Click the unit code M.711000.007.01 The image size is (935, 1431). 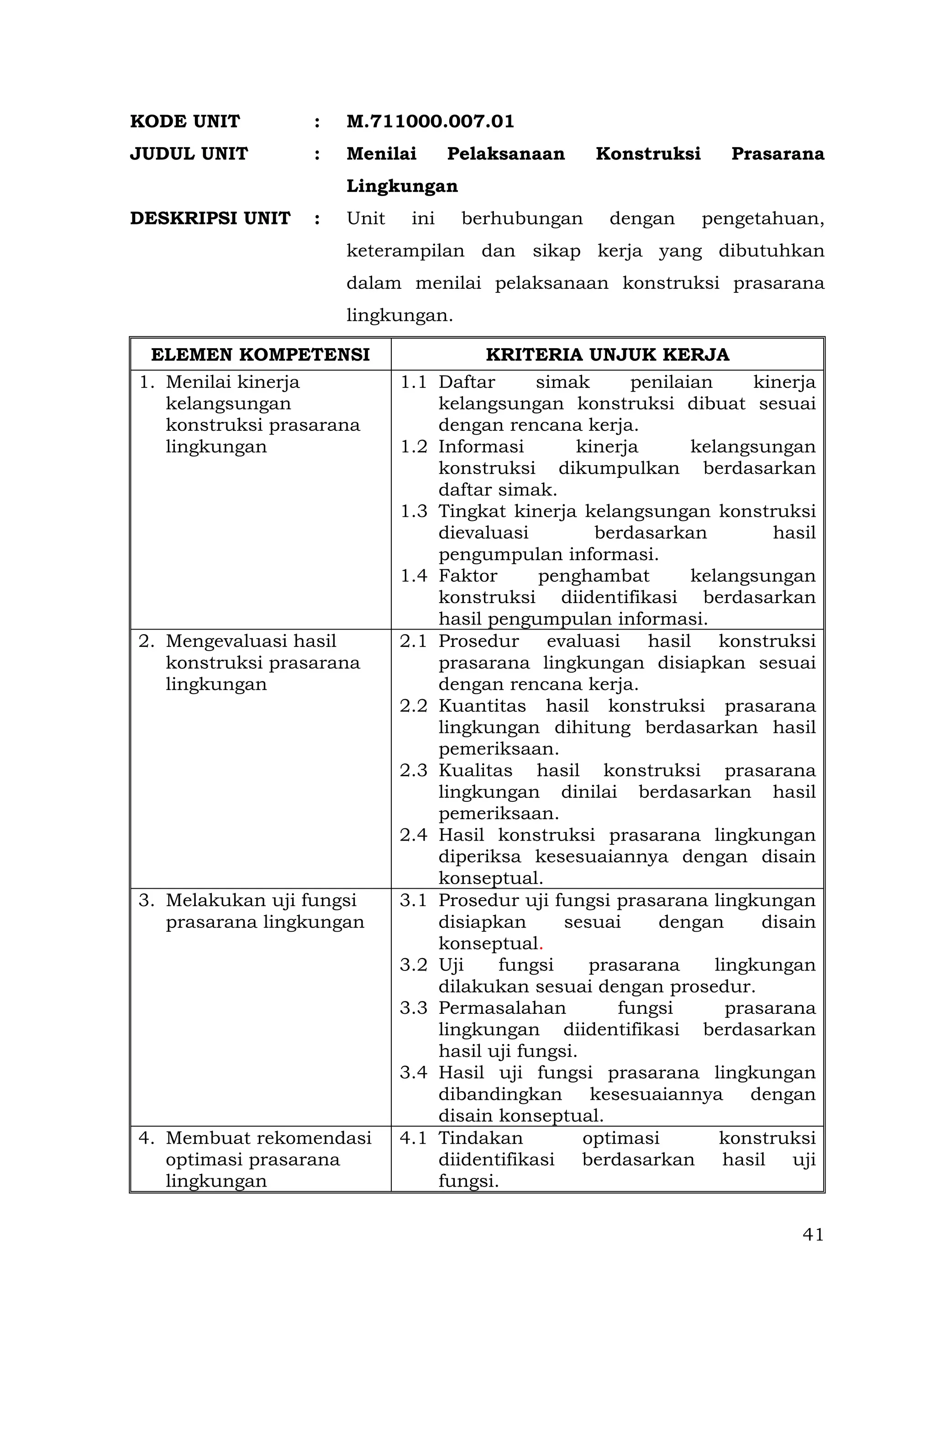pyautogui.click(x=430, y=122)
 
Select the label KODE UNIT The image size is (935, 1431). pyautogui.click(x=184, y=122)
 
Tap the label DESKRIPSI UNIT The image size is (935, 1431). pyautogui.click(x=210, y=218)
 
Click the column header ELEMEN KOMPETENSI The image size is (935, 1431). pyautogui.click(x=260, y=355)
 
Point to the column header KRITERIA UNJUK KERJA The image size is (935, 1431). pyautogui.click(x=607, y=355)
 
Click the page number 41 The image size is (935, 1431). pyautogui.click(x=812, y=1235)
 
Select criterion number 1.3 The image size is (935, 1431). pyautogui.click(x=414, y=512)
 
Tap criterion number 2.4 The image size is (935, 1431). pyautogui.click(x=414, y=835)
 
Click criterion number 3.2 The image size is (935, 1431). pyautogui.click(x=414, y=965)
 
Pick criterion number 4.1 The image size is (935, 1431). pyautogui.click(x=414, y=1138)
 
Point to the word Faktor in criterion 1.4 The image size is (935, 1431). pyautogui.click(x=467, y=576)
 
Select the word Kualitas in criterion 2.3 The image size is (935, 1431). pyautogui.click(x=475, y=771)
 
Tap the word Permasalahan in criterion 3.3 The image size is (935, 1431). pyautogui.click(x=502, y=1008)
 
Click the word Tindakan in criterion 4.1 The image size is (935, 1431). pyautogui.click(x=480, y=1138)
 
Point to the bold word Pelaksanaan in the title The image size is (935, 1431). pyautogui.click(x=505, y=154)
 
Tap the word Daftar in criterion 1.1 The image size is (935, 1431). pyautogui.click(x=466, y=382)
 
